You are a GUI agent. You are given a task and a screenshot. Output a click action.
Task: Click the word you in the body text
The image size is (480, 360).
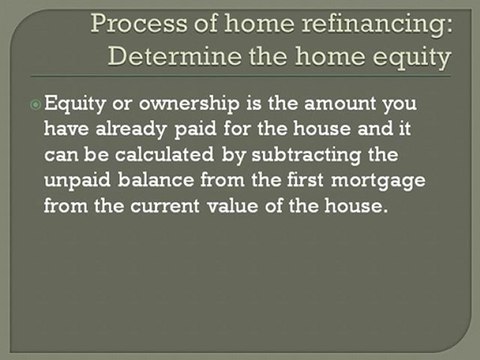425,103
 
